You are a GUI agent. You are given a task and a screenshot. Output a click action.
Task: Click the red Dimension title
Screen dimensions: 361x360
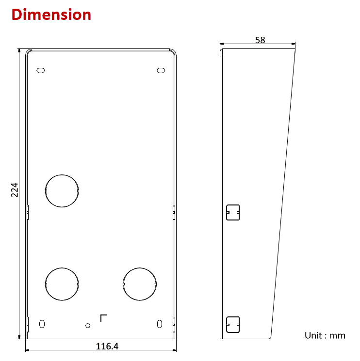pos(51,15)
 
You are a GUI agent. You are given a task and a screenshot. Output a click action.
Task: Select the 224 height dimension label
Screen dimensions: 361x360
pos(15,189)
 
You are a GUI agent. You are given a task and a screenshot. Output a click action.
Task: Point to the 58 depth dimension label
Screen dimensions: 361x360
pos(260,40)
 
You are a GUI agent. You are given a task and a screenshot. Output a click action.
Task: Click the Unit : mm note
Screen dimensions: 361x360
pos(325,335)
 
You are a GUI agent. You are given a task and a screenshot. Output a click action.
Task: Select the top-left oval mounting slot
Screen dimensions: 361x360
pos(41,71)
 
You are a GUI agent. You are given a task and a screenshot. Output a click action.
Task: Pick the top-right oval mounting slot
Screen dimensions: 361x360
pos(161,71)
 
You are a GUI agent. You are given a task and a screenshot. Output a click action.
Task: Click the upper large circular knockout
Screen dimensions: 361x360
pos(62,190)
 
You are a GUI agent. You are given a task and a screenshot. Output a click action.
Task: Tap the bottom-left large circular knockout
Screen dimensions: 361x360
pos(62,283)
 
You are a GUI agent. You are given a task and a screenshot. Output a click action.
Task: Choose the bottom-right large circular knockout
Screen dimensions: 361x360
pos(140,283)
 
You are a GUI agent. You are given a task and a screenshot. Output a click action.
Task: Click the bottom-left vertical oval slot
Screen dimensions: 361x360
pos(42,324)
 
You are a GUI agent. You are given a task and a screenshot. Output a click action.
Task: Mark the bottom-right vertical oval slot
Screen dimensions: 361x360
pos(160,324)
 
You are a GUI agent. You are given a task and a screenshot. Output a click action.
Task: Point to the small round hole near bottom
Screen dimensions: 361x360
pos(88,325)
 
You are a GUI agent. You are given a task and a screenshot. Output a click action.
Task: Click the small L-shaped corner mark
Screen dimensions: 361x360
pos(103,317)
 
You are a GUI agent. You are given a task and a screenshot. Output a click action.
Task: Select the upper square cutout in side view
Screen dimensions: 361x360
pos(233,212)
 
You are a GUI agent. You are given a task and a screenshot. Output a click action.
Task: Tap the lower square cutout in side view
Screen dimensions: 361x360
pos(233,325)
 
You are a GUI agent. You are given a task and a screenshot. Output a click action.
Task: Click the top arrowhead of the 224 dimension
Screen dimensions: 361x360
pos(19,50)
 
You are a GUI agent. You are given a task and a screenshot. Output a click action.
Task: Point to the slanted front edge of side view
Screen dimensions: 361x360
pos(283,194)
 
